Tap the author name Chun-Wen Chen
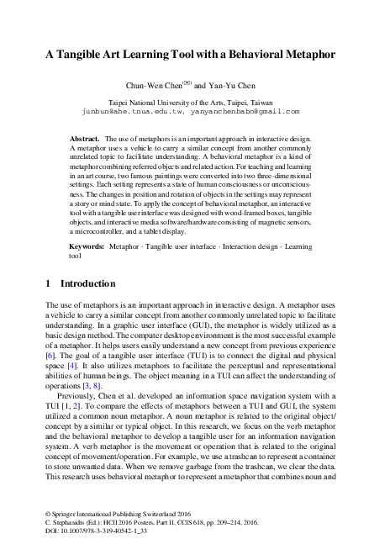pos(153,85)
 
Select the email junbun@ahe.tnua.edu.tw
pos(126,110)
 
